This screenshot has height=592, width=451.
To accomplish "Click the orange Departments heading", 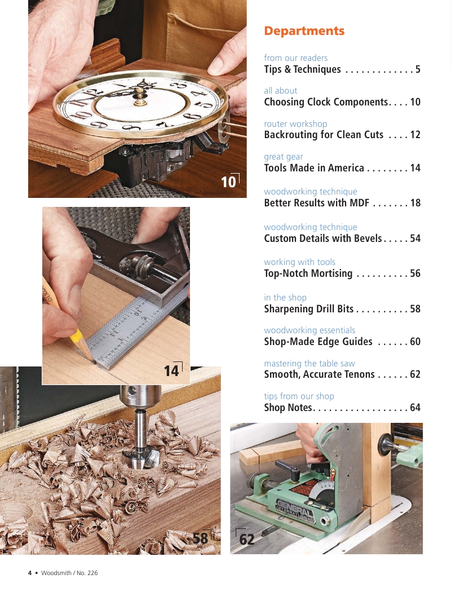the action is [x=304, y=31].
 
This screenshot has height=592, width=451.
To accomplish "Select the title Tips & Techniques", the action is [x=302, y=69].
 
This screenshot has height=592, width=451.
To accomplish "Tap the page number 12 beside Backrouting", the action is [x=415, y=135].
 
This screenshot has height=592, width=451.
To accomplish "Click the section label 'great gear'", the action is [x=284, y=157].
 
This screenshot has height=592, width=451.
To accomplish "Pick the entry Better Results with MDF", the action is [x=317, y=203].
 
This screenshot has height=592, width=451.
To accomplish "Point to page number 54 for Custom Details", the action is [x=415, y=238].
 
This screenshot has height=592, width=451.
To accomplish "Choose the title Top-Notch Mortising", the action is [x=308, y=273].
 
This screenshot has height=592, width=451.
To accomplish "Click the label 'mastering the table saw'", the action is [x=309, y=363].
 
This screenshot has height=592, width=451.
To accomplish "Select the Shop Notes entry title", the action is [x=288, y=408].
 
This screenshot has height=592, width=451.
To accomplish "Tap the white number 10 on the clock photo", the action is [x=228, y=182].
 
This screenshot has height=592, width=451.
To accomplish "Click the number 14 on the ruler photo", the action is [x=171, y=371].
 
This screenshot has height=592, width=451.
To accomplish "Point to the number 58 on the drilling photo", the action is [x=200, y=538].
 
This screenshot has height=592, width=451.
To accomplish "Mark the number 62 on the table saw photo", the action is [x=247, y=539].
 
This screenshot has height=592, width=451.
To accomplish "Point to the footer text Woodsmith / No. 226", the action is [x=69, y=573].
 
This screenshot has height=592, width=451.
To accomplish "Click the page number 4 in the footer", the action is [x=30, y=573].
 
